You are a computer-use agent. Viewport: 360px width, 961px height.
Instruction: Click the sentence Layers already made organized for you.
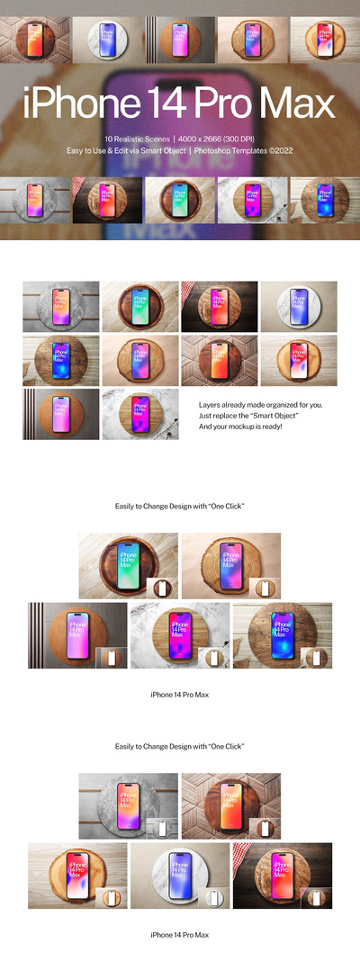point(266,405)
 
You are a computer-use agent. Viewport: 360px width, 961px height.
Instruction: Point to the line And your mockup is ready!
point(241,426)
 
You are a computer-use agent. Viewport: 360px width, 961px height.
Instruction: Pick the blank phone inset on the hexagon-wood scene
point(265,828)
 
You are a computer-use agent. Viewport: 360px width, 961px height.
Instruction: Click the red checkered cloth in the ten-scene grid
point(190,291)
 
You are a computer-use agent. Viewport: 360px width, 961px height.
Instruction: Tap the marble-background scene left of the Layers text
point(139,414)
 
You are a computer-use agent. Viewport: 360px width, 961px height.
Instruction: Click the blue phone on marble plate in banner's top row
point(107,40)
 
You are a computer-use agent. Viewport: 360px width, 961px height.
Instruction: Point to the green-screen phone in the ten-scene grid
point(139,307)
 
